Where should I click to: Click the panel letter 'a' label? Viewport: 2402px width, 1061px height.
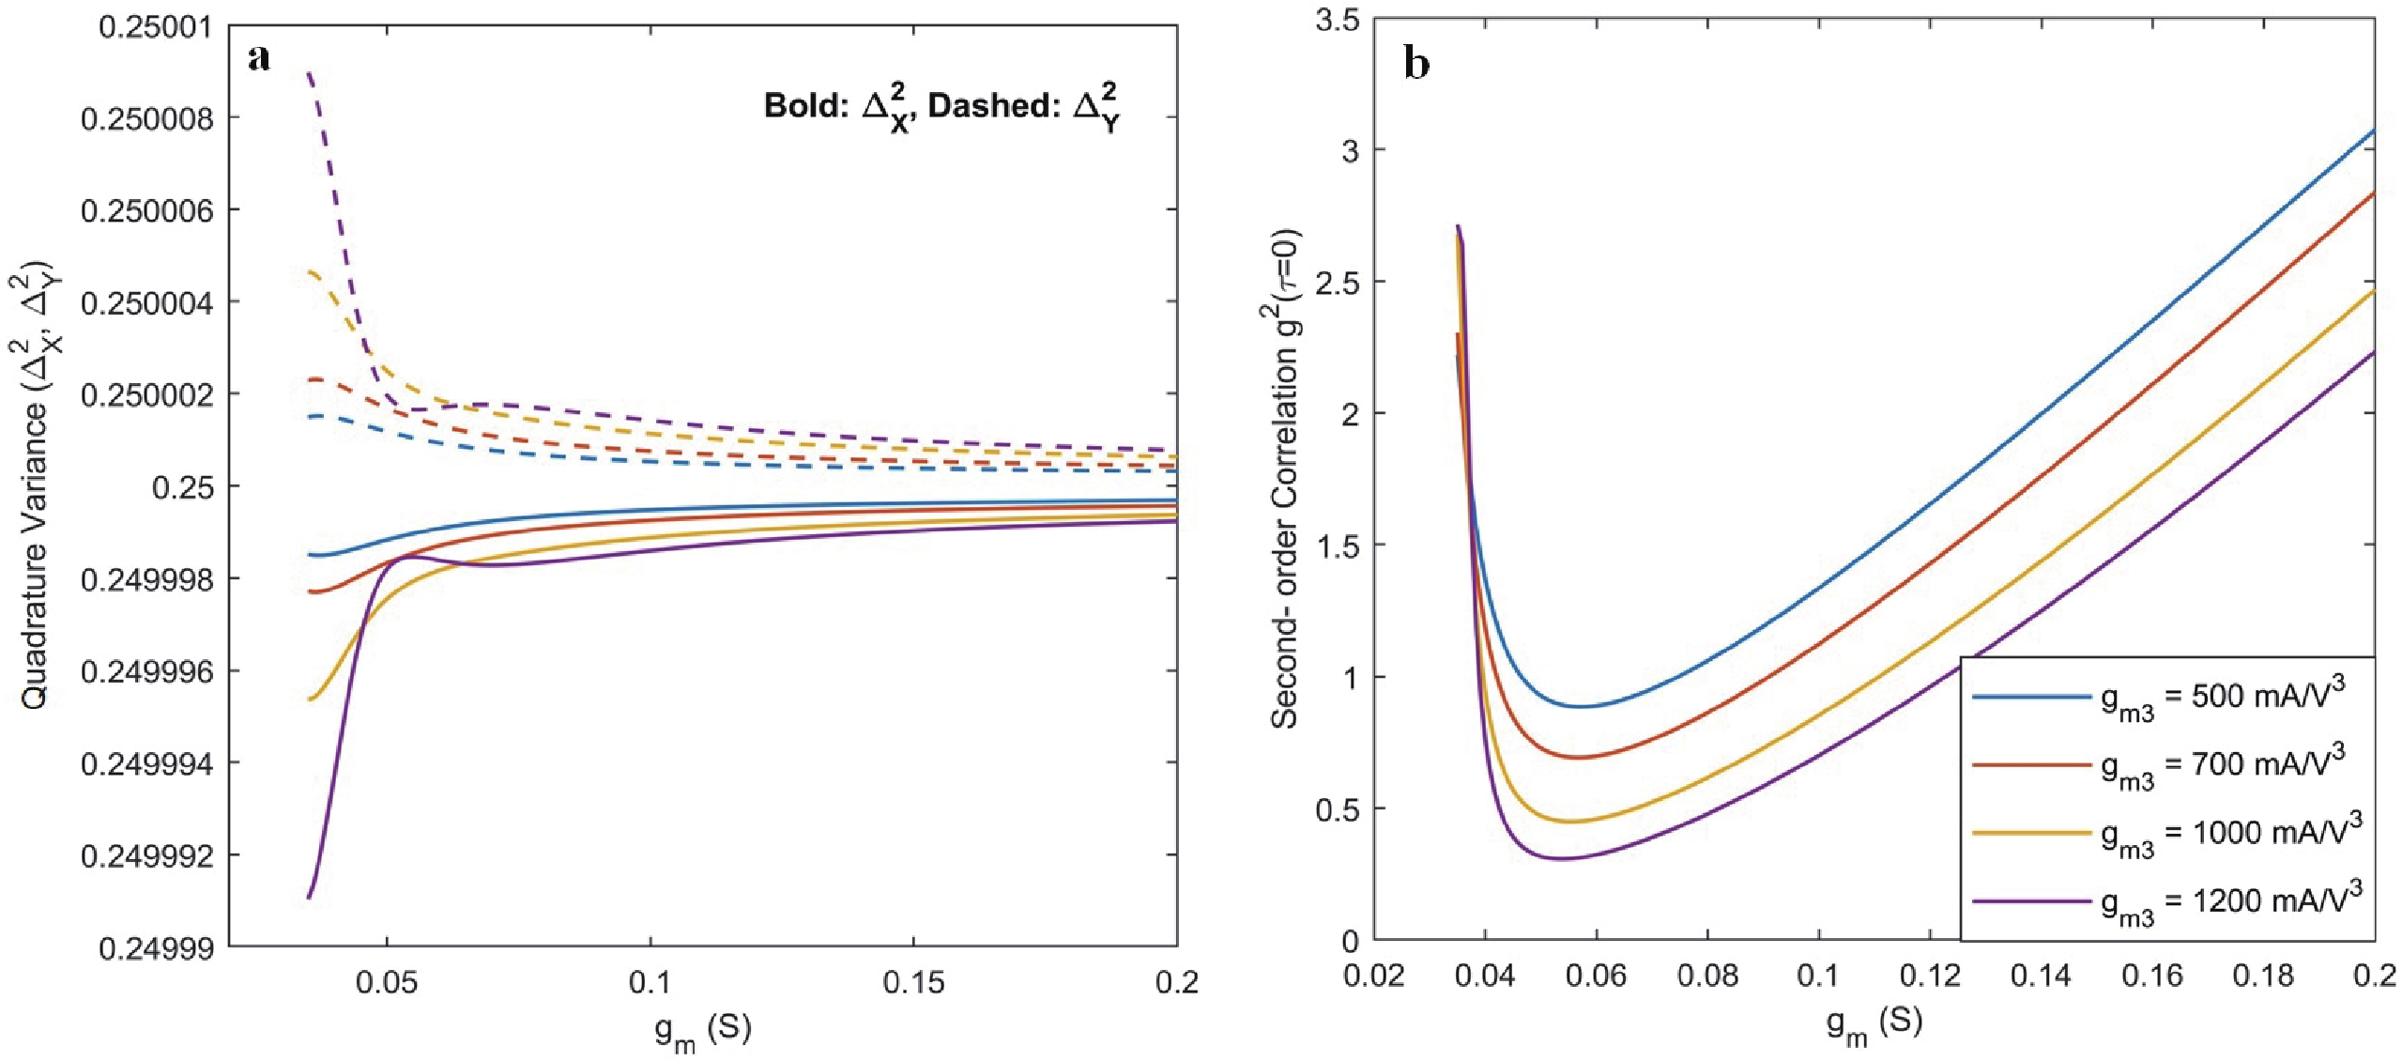point(259,58)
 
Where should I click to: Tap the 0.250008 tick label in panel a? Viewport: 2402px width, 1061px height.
point(146,118)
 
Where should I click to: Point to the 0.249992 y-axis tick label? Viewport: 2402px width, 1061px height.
point(146,856)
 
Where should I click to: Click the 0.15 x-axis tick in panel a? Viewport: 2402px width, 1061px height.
point(913,982)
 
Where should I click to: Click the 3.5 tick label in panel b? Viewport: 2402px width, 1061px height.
point(1338,20)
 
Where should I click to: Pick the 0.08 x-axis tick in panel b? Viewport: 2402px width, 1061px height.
point(1707,976)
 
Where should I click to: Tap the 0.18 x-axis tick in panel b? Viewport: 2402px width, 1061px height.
point(2263,976)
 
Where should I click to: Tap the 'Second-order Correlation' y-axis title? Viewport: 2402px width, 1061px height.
point(1286,479)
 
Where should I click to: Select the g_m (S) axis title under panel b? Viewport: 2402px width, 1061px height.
point(1874,1023)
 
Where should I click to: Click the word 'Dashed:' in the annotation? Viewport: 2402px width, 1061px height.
point(995,106)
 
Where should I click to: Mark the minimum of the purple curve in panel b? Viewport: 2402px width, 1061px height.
point(1561,858)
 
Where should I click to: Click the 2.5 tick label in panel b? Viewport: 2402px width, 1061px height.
point(1338,283)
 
